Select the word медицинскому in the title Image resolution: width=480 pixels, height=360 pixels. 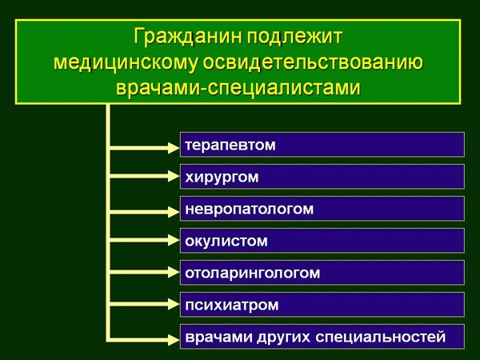132,63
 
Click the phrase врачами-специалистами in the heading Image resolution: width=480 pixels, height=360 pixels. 239,89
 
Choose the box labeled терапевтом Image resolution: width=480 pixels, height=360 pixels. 322,145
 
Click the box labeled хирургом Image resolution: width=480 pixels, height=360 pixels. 322,177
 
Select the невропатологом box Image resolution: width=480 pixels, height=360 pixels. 322,209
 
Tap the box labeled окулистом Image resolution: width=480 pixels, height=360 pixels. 322,240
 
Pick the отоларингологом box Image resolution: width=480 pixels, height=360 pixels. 322,273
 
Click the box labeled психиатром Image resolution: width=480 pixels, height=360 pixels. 322,305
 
